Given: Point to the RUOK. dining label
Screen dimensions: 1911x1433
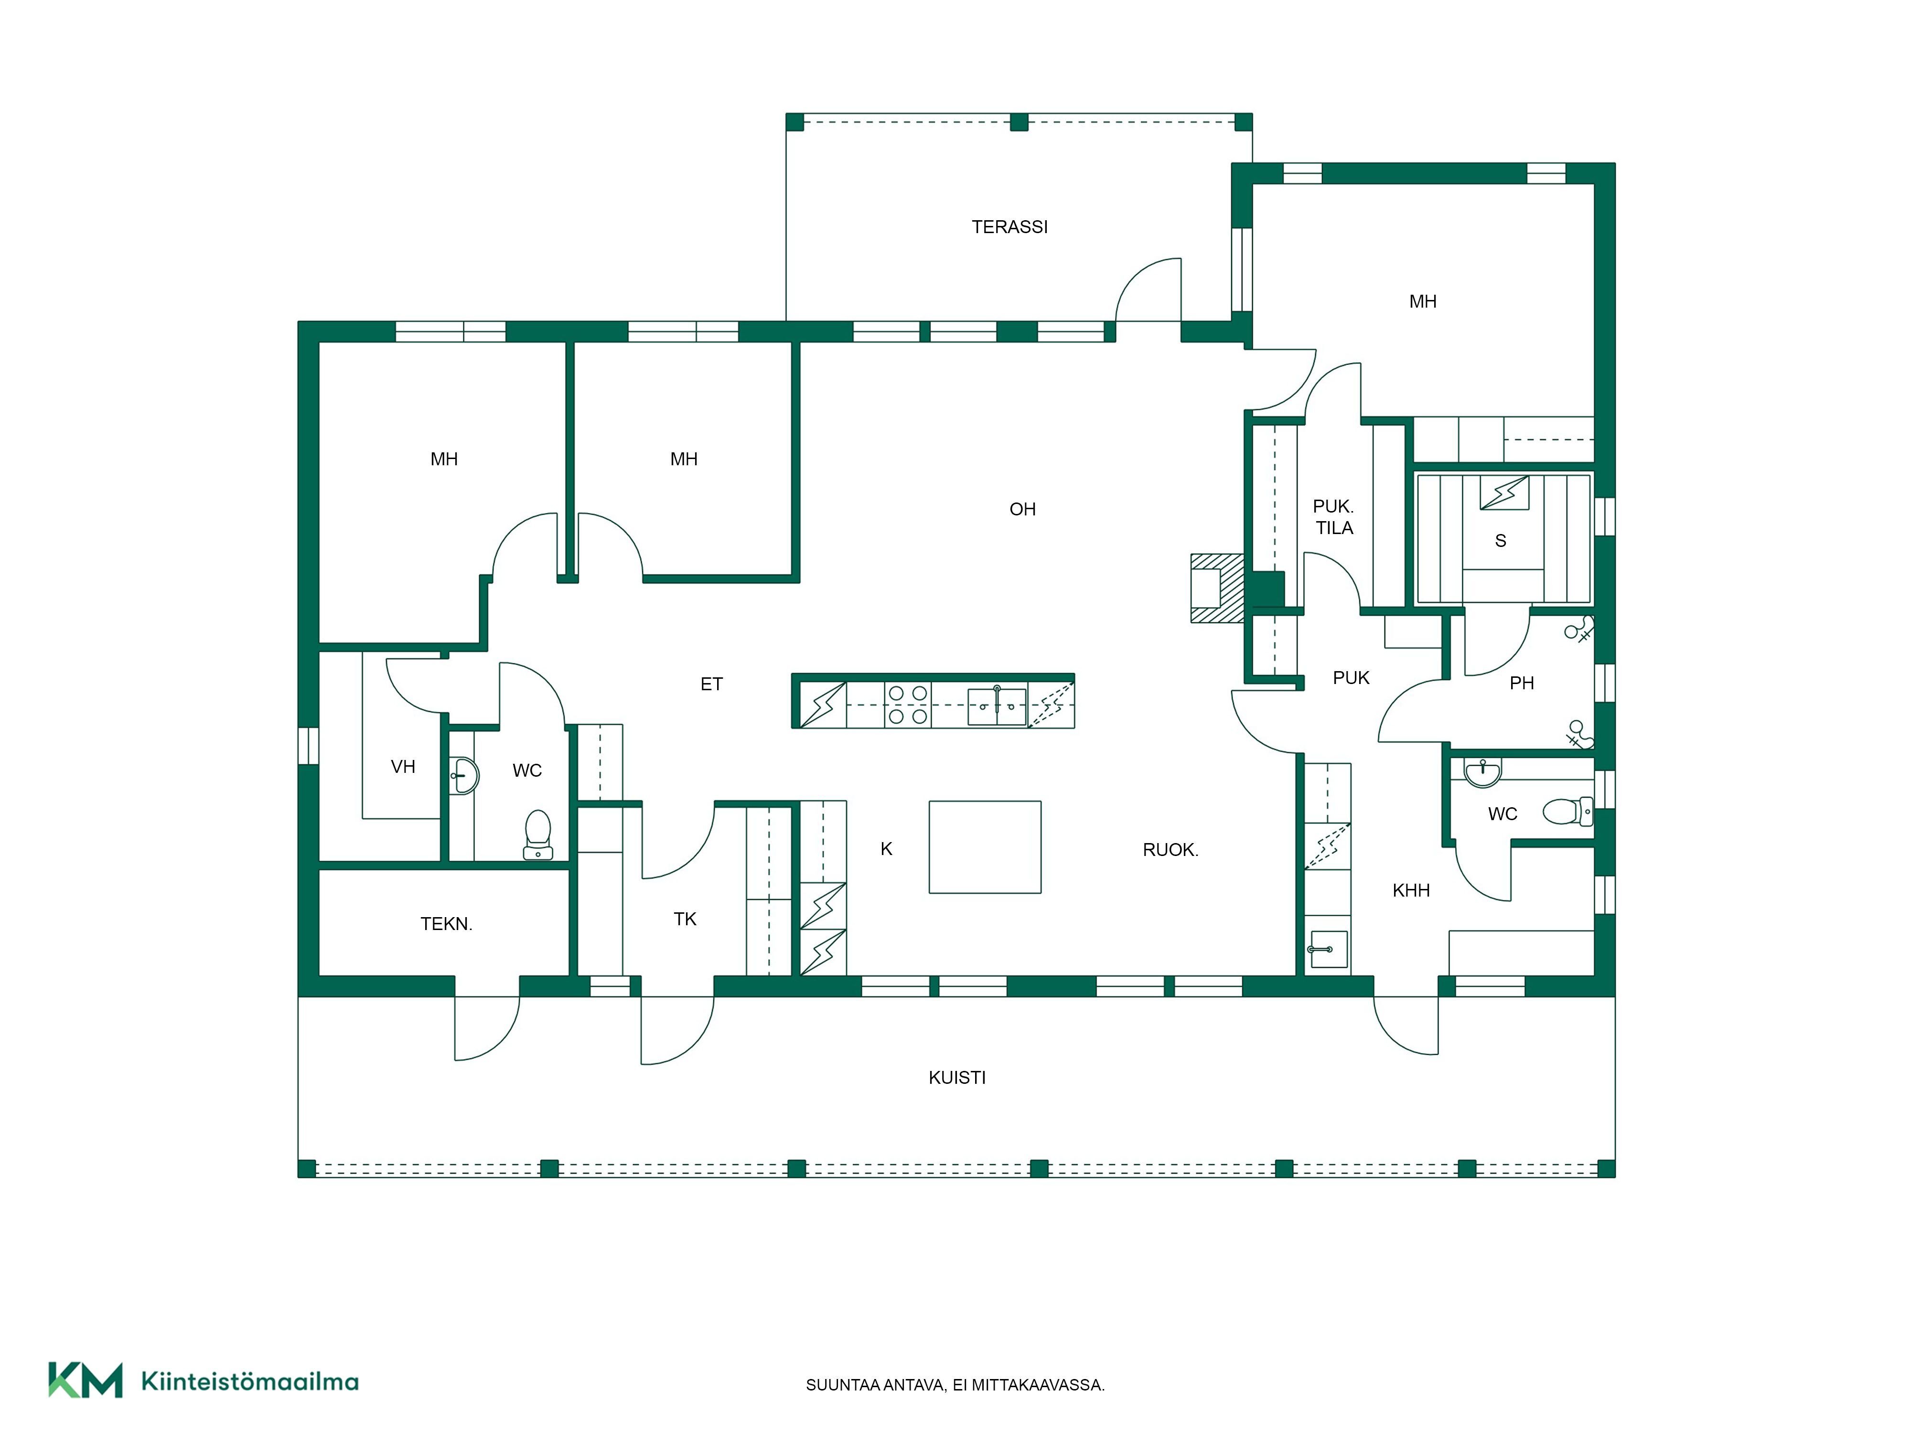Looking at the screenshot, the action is pyautogui.click(x=1170, y=850).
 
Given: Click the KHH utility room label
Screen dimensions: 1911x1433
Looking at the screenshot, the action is pyautogui.click(x=1411, y=890).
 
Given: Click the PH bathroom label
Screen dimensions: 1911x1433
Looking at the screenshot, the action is pyautogui.click(x=1521, y=683).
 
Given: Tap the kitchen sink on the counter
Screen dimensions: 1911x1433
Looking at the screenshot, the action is pyautogui.click(x=997, y=706).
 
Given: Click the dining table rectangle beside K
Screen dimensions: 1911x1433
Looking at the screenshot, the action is pyautogui.click(x=985, y=846).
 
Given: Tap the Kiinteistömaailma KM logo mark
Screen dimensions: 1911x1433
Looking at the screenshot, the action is pyautogui.click(x=85, y=1380).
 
